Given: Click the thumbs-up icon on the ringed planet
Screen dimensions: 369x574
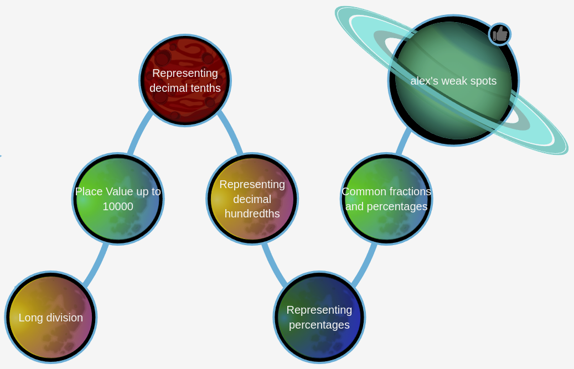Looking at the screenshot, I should click(499, 34).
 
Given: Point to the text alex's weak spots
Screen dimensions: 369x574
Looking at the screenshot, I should click(453, 81).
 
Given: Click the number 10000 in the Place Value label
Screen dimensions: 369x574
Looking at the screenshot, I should click(118, 206).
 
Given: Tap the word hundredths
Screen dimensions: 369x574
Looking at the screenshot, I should click(252, 214).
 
